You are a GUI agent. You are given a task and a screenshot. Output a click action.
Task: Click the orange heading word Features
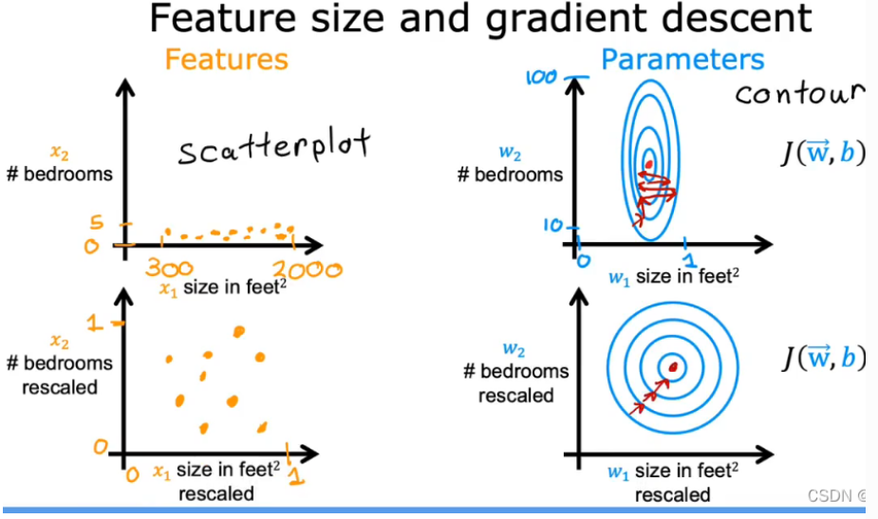226,59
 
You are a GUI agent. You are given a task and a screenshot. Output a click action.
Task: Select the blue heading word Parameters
682,60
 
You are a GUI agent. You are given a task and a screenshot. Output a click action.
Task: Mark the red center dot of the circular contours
674,366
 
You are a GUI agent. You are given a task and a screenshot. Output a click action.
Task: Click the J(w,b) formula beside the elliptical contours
823,152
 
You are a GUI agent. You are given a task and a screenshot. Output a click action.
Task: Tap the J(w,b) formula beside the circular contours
823,357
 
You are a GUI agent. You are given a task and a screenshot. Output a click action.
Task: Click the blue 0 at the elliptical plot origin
585,260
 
